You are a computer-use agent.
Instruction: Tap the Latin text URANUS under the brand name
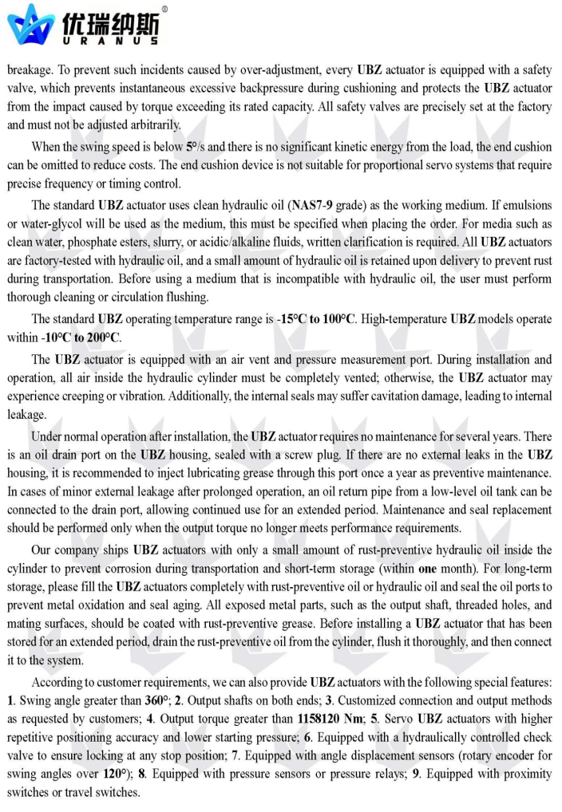click(x=111, y=40)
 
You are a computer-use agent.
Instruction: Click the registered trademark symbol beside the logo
click(x=164, y=10)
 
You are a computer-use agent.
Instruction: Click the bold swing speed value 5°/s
click(x=194, y=147)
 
